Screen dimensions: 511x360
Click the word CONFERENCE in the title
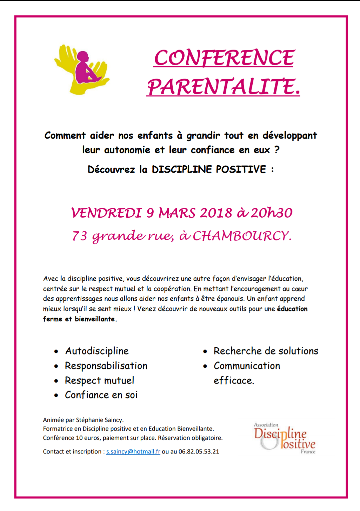point(224,58)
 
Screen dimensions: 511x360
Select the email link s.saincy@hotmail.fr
point(133,452)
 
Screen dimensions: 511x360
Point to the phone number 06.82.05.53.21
point(199,452)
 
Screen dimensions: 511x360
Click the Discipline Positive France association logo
point(285,438)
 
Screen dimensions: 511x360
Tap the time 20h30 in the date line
point(271,213)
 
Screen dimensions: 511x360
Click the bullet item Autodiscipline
point(97,351)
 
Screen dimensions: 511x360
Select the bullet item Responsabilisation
point(106,366)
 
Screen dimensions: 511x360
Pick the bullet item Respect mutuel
point(99,380)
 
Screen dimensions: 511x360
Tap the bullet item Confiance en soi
point(101,395)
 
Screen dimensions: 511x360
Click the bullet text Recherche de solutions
point(266,351)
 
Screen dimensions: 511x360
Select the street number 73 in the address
point(80,236)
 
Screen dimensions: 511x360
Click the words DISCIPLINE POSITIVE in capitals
point(209,170)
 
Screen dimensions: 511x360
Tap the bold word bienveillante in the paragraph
point(95,319)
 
